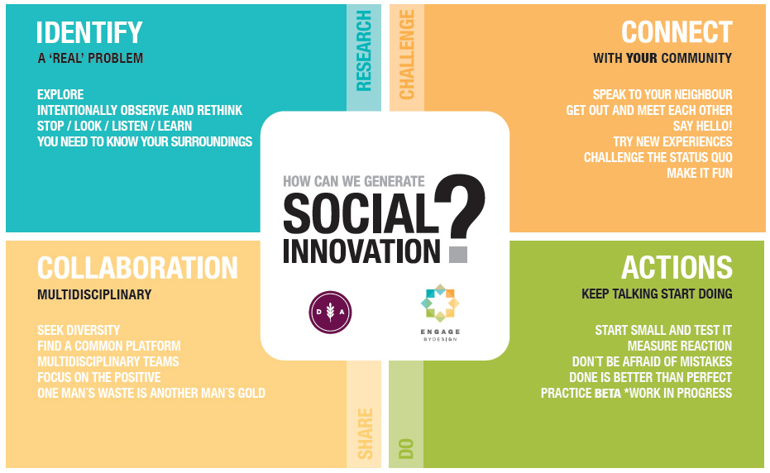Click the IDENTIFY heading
pos(90,33)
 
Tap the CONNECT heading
pos(677,33)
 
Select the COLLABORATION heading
pos(137,268)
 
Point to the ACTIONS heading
pos(677,268)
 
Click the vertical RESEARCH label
pos(364,50)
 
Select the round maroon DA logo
pos(330,313)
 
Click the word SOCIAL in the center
pos(361,215)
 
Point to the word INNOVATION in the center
pos(361,251)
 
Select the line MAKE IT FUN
pos(700,174)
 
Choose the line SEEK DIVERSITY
pos(79,330)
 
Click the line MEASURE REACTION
pos(679,346)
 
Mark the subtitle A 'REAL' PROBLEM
pos(90,59)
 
